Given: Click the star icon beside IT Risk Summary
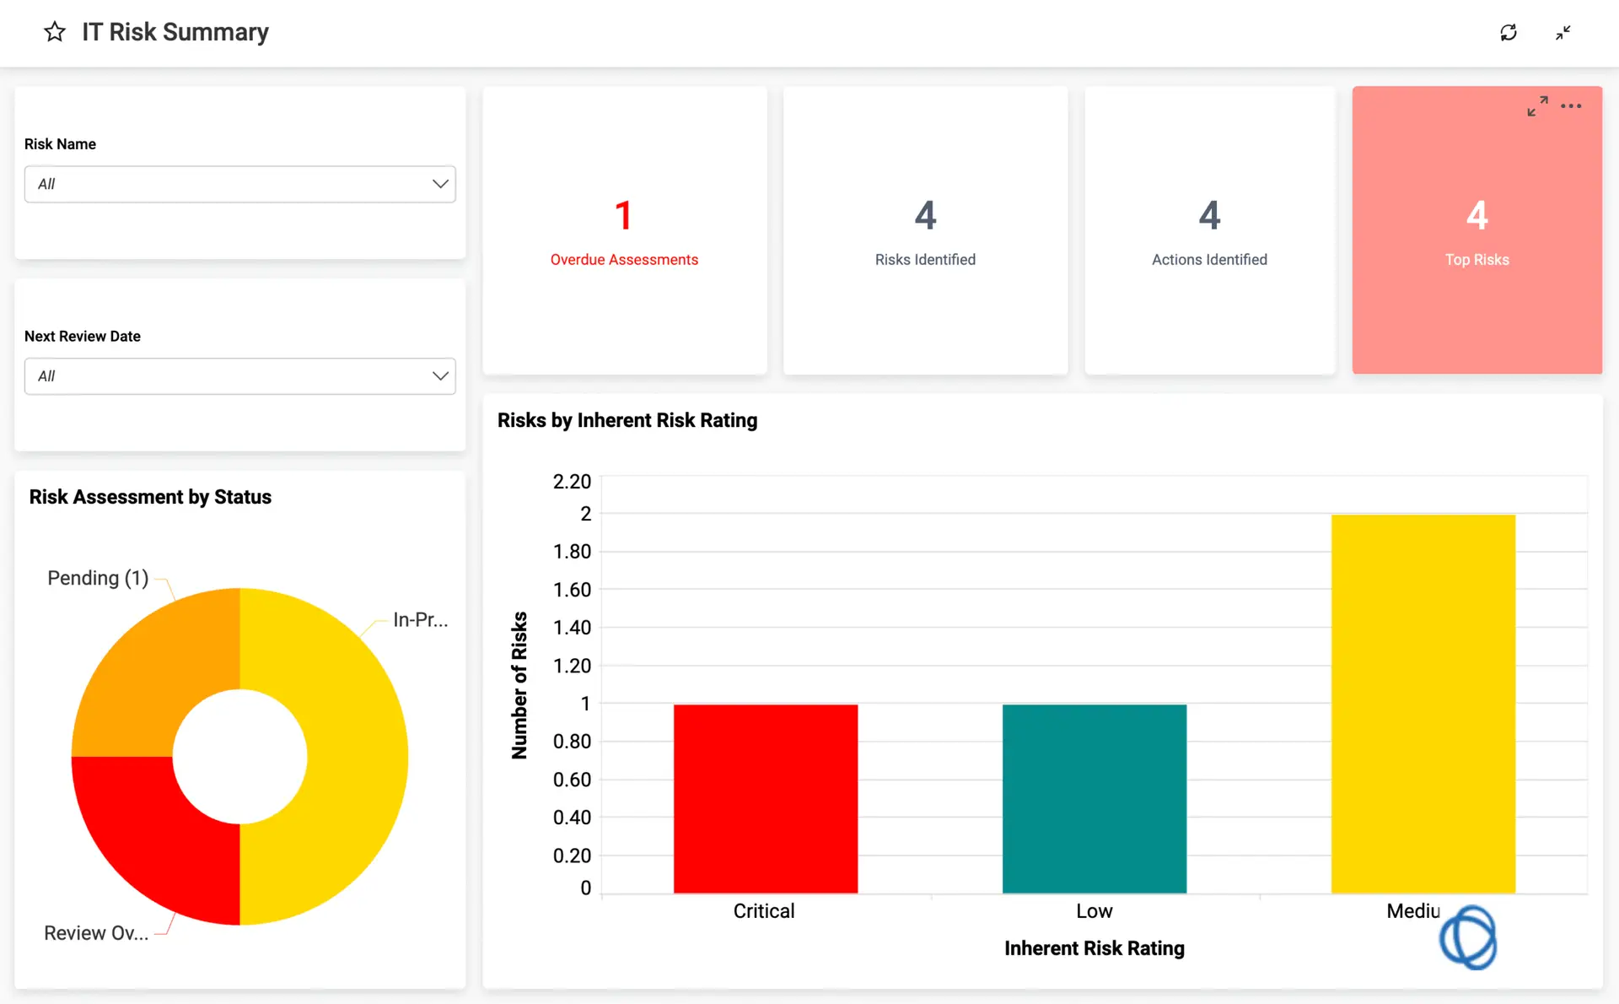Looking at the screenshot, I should pos(55,32).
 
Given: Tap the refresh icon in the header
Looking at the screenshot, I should pos(1509,33).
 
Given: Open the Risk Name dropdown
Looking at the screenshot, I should pos(239,184).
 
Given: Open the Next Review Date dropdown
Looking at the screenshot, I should pos(239,376).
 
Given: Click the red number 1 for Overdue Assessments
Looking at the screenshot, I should pos(623,216).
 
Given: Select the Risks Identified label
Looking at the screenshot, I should pos(925,260).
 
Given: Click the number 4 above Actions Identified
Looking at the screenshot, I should pos(1209,216).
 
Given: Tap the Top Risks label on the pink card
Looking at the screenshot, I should pos(1476,260).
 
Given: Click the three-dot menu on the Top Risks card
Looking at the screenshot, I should pos(1571,106).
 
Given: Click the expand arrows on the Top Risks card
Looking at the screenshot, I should pos(1537,106).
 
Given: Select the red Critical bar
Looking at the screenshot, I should pos(766,798).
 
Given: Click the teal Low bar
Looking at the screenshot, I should pos(1094,798).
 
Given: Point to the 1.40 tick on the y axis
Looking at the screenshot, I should pos(572,628).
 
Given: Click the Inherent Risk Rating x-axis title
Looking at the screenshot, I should pos(1094,948).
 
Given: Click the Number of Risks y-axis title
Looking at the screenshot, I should pos(519,685).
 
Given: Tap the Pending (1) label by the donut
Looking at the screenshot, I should pos(98,578).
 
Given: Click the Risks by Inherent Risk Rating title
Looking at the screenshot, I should pos(627,420).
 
